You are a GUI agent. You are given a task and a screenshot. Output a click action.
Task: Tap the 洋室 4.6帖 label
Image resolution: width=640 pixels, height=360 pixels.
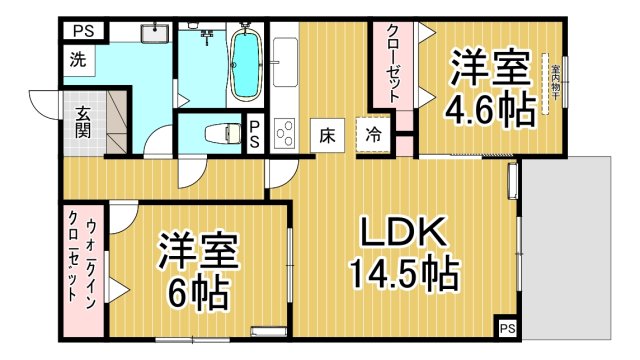[x=489, y=90]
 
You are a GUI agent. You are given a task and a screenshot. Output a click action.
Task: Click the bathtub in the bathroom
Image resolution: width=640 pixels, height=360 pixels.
[x=244, y=65]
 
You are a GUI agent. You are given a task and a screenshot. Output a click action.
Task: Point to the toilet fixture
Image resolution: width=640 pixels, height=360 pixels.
[x=219, y=132]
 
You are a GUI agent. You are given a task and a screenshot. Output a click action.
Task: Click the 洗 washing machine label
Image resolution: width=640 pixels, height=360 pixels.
[x=78, y=58]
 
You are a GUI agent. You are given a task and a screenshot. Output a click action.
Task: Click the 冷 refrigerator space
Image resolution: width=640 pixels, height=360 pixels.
[x=373, y=133]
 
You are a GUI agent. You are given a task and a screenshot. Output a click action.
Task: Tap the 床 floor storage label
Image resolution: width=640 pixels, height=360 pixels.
[x=327, y=133]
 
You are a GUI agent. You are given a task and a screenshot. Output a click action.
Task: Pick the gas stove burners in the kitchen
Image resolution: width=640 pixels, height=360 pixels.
[x=284, y=131]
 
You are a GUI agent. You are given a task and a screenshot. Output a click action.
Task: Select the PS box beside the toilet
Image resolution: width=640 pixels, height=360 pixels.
[x=255, y=132]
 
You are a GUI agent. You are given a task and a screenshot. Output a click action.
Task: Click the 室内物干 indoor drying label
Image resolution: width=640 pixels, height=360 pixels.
[x=551, y=86]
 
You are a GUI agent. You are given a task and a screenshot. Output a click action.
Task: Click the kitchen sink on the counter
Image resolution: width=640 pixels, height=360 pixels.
[x=285, y=61]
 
